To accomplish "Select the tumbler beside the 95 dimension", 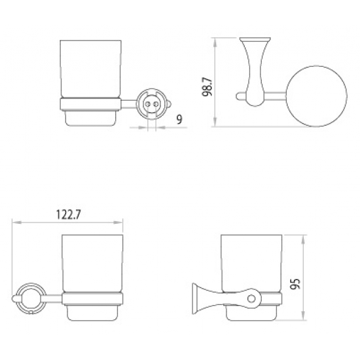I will (252, 261).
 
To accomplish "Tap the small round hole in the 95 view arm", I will (249, 299).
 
